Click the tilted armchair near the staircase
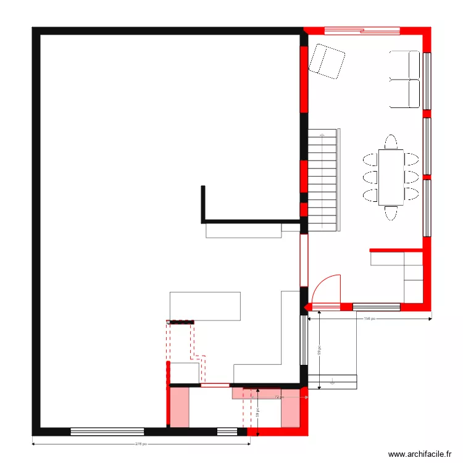(327, 63)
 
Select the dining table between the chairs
(391, 177)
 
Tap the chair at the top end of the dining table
(391, 142)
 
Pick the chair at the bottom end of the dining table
(391, 213)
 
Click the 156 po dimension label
(369, 319)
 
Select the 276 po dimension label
(140, 444)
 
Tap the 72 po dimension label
(278, 397)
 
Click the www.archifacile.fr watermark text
(419, 454)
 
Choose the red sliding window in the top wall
(362, 30)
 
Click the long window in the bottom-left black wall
(107, 432)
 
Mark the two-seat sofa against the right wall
(405, 79)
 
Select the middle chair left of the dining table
(370, 177)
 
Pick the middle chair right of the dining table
(412, 177)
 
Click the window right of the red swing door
(376, 306)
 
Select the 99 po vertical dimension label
(320, 351)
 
